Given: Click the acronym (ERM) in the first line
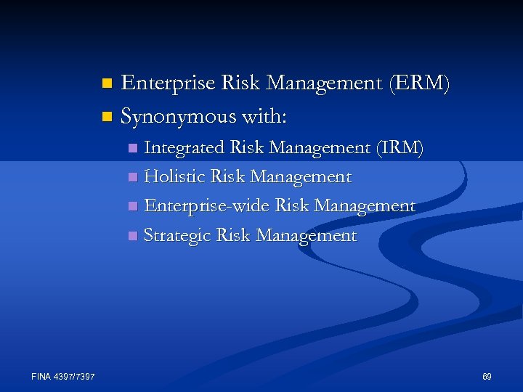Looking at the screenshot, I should (419, 83).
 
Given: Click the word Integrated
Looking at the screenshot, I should (185, 148).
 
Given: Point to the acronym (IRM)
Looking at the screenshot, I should (400, 148).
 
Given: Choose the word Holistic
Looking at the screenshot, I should (174, 177).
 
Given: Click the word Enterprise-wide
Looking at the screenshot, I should (207, 206).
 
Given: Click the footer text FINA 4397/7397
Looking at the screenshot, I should (63, 376).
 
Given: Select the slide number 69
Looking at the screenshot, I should (487, 376).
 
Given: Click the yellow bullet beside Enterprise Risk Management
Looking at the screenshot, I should (107, 83).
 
